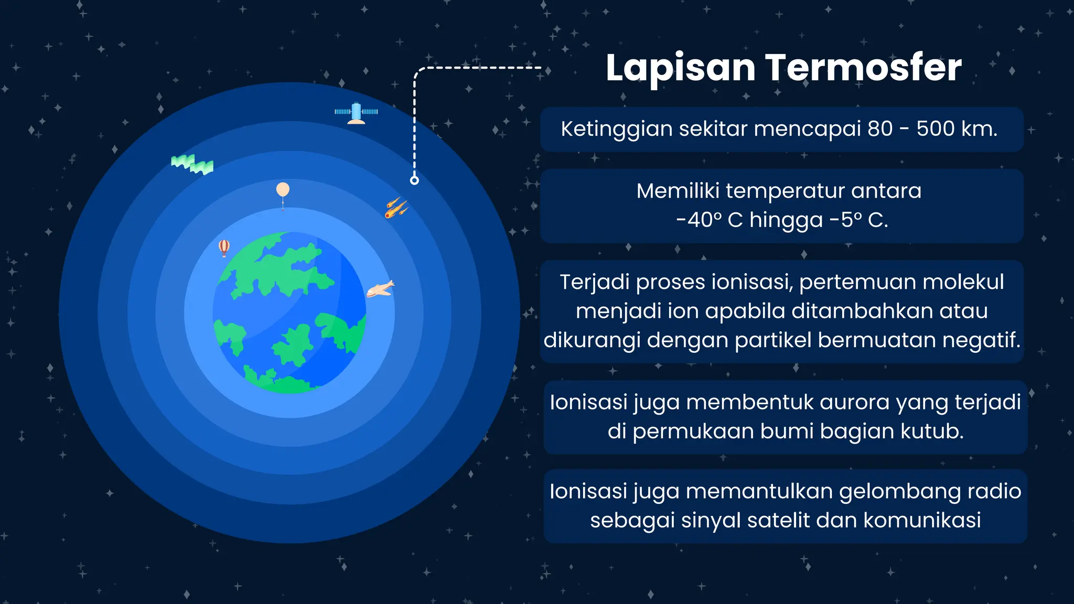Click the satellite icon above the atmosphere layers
point(356,113)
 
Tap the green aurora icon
point(192,164)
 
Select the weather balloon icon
point(283,191)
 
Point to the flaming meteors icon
point(396,208)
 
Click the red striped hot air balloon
point(224,247)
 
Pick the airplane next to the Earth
point(380,289)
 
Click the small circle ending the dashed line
point(414,180)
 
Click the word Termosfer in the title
point(863,68)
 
